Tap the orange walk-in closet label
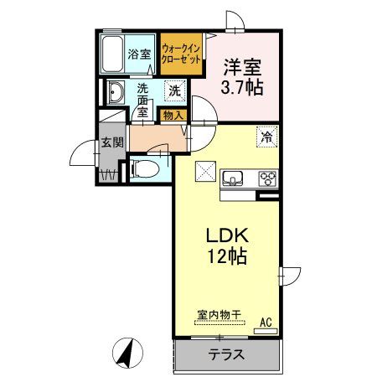point(181,55)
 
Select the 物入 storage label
point(174,115)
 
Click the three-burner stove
point(269,178)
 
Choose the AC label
point(266,321)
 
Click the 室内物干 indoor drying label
point(219,315)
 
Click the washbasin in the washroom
point(116,91)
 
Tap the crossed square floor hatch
point(204,170)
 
